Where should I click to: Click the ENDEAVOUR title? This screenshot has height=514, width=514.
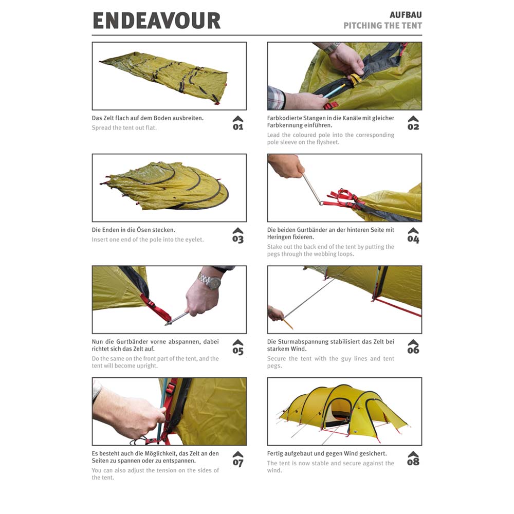click(157, 21)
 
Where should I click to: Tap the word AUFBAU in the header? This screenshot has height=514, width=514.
click(406, 15)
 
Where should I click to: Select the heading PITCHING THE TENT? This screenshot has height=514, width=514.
click(382, 26)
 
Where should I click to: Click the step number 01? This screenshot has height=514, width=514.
click(238, 127)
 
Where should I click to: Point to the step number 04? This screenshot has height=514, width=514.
click(413, 239)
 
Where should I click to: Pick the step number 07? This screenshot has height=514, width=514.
click(238, 463)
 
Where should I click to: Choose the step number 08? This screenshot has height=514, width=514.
click(413, 462)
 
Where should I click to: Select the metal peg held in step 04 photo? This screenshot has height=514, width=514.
click(312, 189)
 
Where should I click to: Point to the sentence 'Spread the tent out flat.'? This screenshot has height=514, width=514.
click(124, 128)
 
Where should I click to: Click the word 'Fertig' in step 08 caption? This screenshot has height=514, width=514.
click(274, 454)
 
